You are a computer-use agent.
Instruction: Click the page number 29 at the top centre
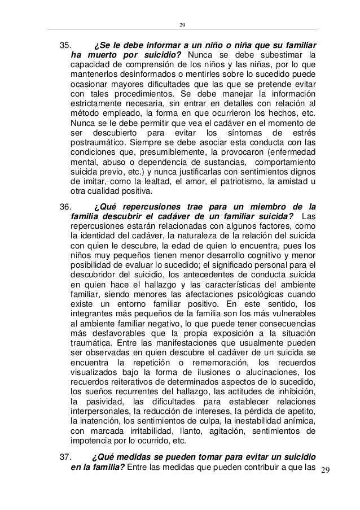(x=182, y=24)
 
